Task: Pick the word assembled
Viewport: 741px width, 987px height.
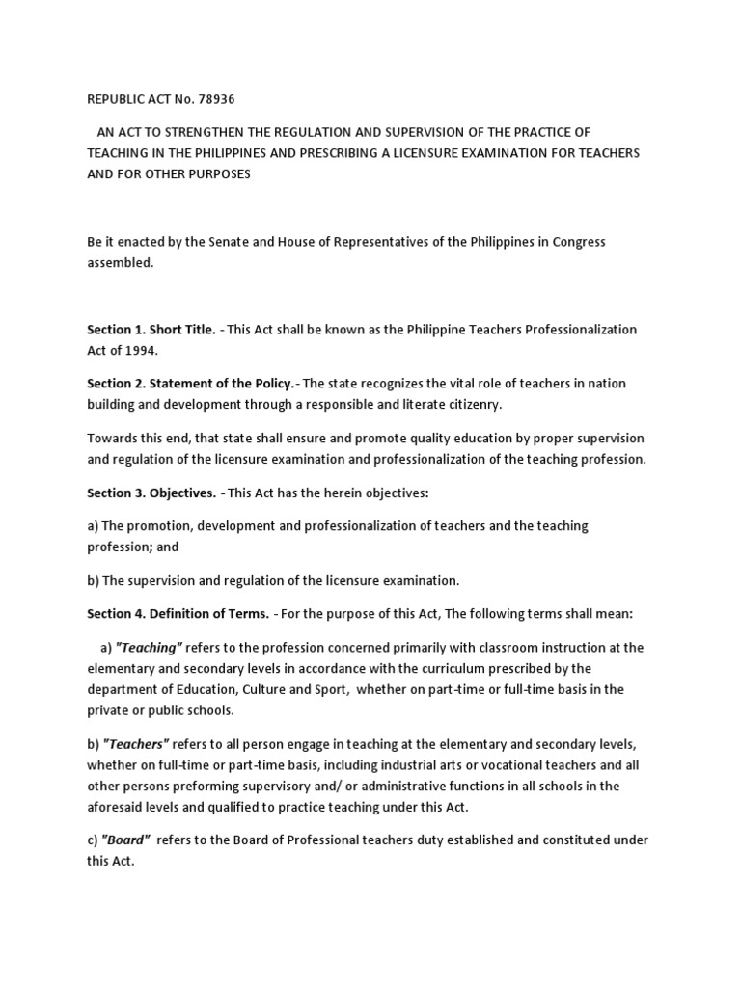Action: tap(120, 263)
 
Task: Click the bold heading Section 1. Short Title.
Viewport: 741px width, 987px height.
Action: tap(151, 330)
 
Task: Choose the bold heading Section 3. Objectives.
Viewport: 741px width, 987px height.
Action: tap(151, 493)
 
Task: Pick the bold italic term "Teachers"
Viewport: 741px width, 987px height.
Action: tap(135, 743)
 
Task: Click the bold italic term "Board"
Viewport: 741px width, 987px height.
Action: tap(125, 840)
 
